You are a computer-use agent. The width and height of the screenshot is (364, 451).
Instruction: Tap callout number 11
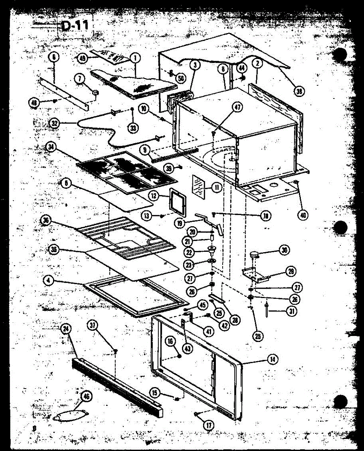(x=217, y=187)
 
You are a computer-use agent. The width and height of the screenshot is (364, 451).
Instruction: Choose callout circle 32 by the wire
(x=55, y=123)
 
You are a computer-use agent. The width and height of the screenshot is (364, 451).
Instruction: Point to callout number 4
(x=48, y=280)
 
